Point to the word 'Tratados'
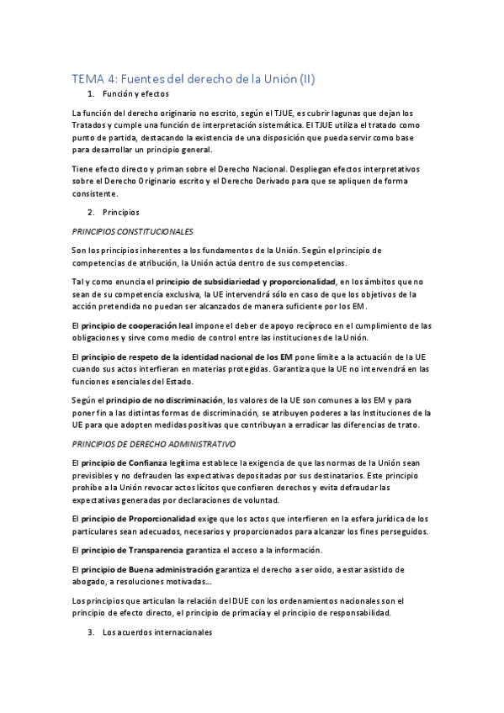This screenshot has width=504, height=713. pyautogui.click(x=90, y=125)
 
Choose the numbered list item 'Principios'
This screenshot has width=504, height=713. pyautogui.click(x=120, y=213)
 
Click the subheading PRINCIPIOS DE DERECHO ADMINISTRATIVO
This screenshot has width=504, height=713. pyautogui.click(x=154, y=443)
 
